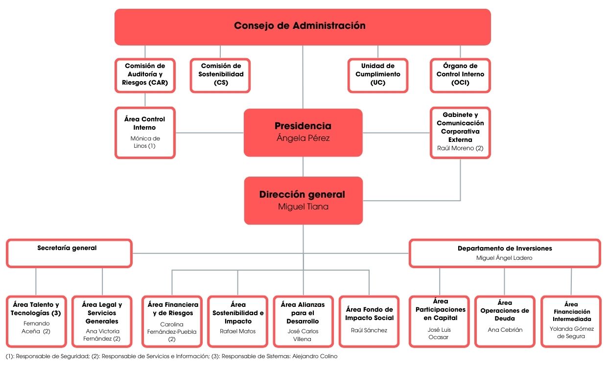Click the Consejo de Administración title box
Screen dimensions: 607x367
click(303, 27)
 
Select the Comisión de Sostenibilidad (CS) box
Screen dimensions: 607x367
click(220, 75)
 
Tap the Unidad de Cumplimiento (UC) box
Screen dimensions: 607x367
click(378, 75)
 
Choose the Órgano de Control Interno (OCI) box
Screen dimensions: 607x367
click(460, 75)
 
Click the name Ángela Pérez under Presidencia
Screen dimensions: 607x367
click(303, 138)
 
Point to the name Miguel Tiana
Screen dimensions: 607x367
click(303, 206)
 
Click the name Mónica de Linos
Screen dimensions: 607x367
click(145, 142)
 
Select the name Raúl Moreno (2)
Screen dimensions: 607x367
click(460, 148)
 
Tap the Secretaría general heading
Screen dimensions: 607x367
click(67, 248)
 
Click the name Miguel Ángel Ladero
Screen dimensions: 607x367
click(504, 258)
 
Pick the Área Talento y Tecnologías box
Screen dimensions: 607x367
click(36, 321)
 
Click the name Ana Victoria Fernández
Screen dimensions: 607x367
click(102, 335)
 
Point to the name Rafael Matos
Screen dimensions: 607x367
click(237, 331)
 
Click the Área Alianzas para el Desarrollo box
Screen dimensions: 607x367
click(303, 321)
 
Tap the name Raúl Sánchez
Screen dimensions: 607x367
click(369, 330)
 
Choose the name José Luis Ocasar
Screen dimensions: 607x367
click(439, 333)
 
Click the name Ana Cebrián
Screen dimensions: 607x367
click(505, 330)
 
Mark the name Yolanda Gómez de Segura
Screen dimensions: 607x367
click(571, 332)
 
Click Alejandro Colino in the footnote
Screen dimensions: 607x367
click(315, 356)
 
